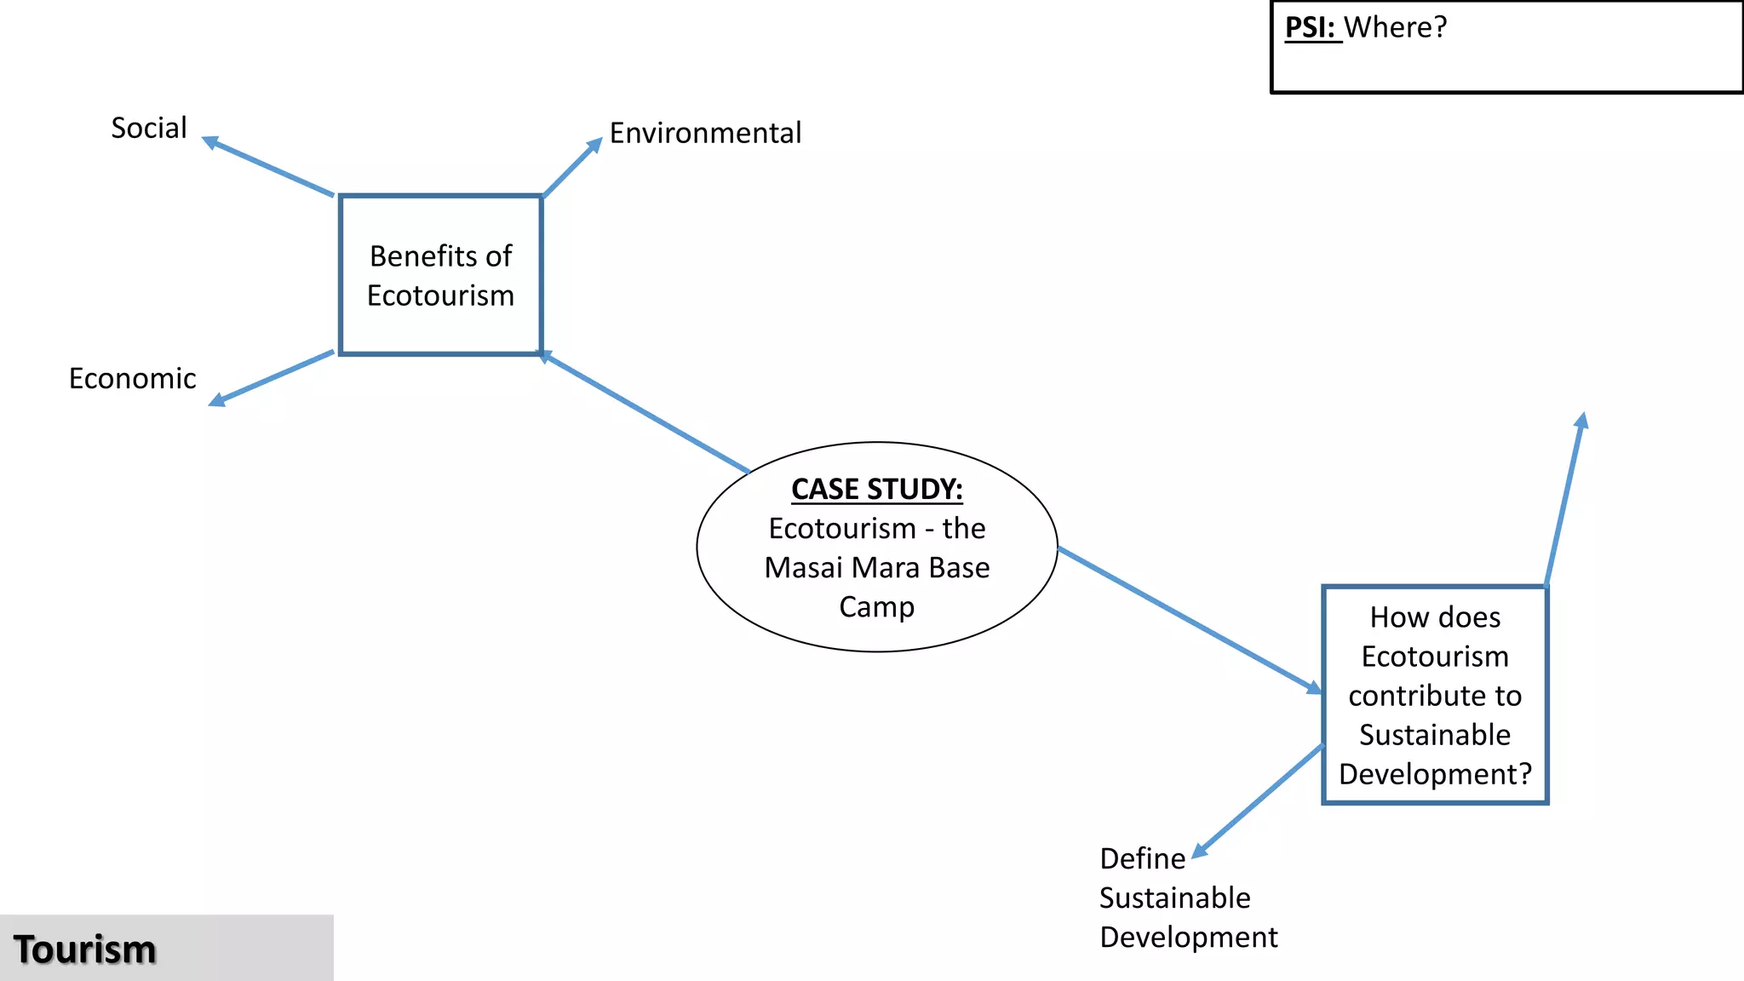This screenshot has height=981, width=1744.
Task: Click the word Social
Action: pos(149,128)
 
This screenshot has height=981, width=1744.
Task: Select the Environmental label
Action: pos(705,133)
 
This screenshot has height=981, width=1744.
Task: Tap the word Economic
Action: pos(132,378)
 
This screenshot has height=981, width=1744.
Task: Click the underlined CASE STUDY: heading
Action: pos(876,489)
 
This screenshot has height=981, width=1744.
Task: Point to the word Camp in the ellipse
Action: pos(876,607)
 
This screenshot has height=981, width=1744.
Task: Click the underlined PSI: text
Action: pos(1311,27)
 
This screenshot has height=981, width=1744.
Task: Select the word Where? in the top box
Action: pos(1396,27)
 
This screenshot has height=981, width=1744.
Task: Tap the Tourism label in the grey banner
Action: pos(85,949)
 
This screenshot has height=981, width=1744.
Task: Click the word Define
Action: pos(1142,858)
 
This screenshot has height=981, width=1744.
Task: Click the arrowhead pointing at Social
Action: pos(209,142)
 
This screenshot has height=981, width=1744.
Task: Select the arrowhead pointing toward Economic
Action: pos(217,399)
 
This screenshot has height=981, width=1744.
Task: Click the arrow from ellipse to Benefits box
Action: pos(647,413)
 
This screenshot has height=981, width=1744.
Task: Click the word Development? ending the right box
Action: pos(1435,774)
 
